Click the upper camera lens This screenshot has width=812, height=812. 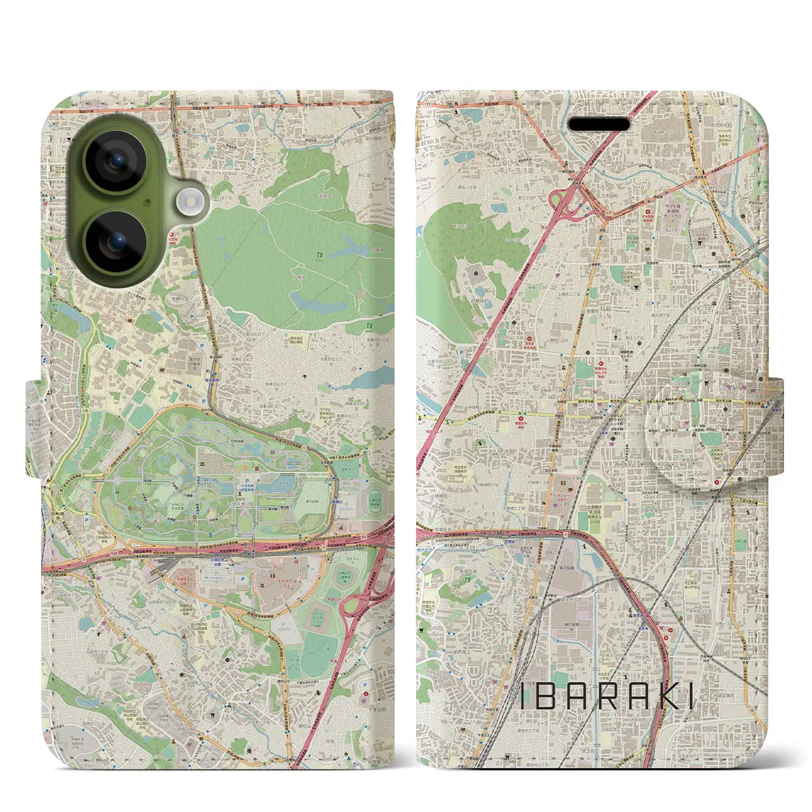[x=117, y=162]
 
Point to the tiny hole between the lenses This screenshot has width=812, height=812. [x=147, y=202]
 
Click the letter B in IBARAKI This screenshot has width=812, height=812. [x=549, y=697]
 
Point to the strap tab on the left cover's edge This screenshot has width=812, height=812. [x=36, y=428]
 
